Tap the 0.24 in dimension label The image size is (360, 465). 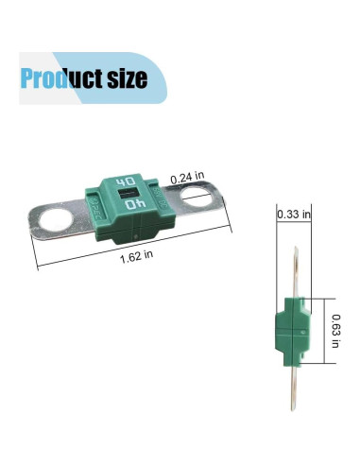pos(187,178)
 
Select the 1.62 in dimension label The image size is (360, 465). pos(137,256)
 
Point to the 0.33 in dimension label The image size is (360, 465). pos(294,215)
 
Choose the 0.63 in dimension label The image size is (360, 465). pos(335,331)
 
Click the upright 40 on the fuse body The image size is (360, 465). pos(126,182)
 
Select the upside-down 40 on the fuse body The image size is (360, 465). pos(135,204)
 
